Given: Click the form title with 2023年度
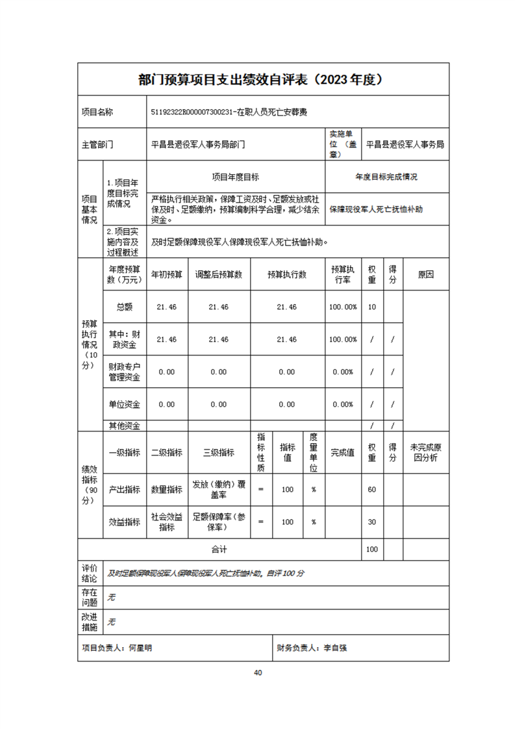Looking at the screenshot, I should click(263, 79).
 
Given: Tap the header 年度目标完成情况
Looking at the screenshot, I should click(386, 177).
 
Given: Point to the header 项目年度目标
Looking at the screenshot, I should click(236, 177).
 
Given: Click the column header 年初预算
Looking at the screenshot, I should click(167, 275).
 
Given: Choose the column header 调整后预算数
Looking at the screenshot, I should click(219, 275).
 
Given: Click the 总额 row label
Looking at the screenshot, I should click(125, 307).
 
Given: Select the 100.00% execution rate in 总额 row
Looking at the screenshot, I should click(342, 307).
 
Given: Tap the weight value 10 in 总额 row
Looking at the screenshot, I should click(372, 307).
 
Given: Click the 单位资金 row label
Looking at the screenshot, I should click(125, 404).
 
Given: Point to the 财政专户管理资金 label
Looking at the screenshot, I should click(125, 372).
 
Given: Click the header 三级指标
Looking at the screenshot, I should click(219, 453).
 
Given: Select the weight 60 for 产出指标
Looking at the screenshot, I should click(372, 489).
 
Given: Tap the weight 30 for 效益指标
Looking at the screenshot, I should click(372, 522).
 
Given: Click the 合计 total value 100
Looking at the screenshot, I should click(372, 550).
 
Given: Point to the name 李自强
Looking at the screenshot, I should click(335, 648).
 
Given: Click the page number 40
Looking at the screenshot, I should click(258, 672).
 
